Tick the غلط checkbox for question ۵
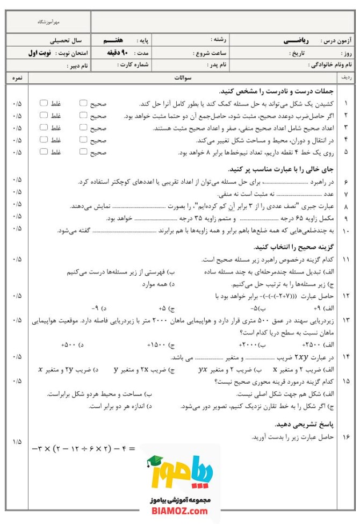point(44,152)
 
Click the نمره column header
point(17,78)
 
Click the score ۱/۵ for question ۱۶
point(17,441)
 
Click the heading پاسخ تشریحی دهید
point(307,424)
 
